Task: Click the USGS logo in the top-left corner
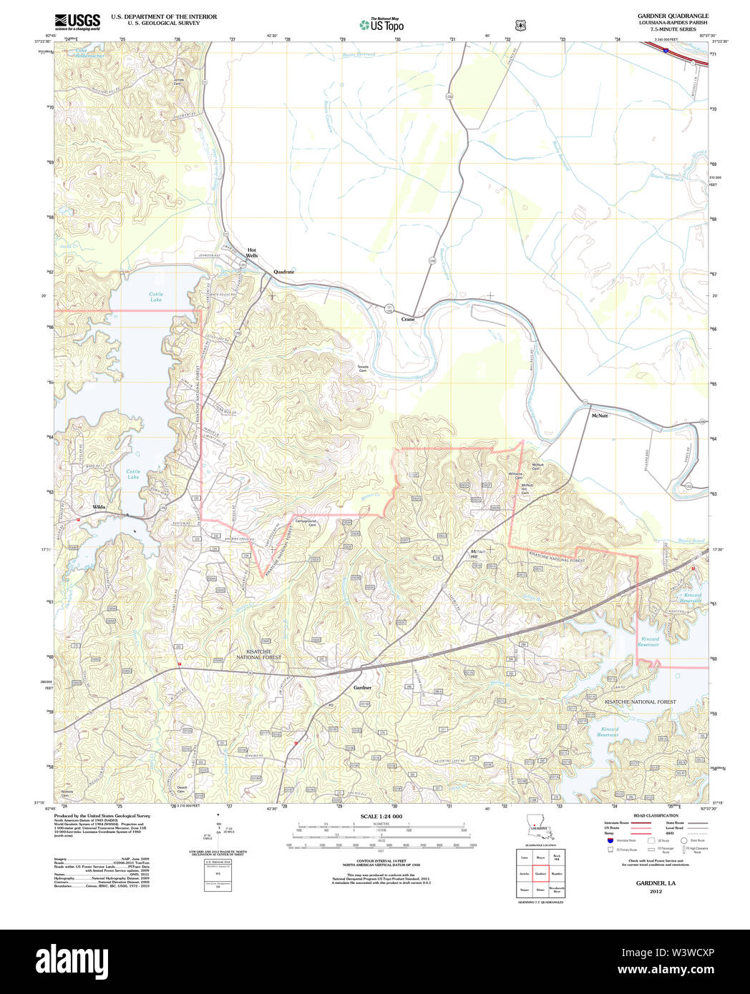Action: pyautogui.click(x=77, y=22)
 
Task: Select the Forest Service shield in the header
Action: pyautogui.click(x=520, y=25)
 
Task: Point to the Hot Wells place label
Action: pyautogui.click(x=252, y=252)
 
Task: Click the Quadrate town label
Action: pyautogui.click(x=283, y=272)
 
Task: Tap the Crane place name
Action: pyautogui.click(x=408, y=319)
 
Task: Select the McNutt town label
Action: pyautogui.click(x=600, y=415)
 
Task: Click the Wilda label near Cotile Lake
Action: pyautogui.click(x=99, y=506)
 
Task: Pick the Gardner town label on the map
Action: pyautogui.click(x=363, y=687)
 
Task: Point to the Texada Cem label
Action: pyautogui.click(x=363, y=368)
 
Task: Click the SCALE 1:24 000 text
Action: pyautogui.click(x=381, y=816)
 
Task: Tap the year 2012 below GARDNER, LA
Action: pyautogui.click(x=656, y=891)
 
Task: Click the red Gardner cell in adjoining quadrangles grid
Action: pyautogui.click(x=540, y=873)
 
